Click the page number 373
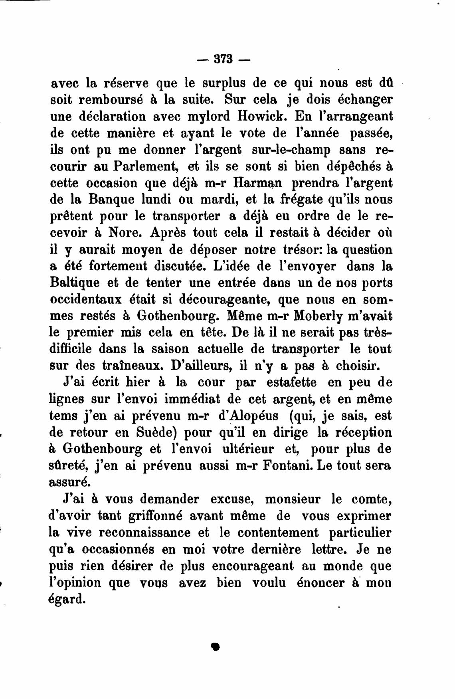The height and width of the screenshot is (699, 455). point(223,59)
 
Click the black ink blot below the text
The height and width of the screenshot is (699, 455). point(216,647)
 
